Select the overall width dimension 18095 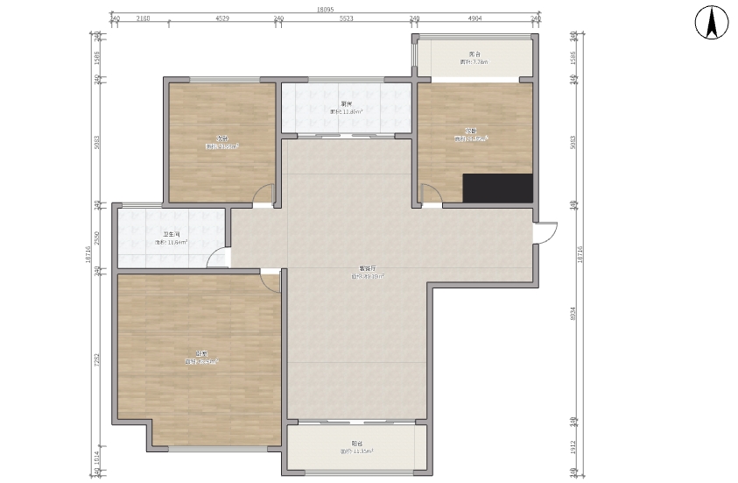pyautogui.click(x=325, y=10)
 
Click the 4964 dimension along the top pyautogui.click(x=474, y=18)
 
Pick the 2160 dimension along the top pyautogui.click(x=143, y=18)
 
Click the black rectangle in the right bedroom pyautogui.click(x=497, y=188)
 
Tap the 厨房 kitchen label pyautogui.click(x=347, y=103)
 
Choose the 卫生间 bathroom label pyautogui.click(x=172, y=234)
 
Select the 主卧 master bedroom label pyautogui.click(x=200, y=352)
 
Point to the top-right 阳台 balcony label pyautogui.click(x=474, y=54)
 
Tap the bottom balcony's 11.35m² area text pyautogui.click(x=356, y=451)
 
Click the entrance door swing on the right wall pyautogui.click(x=546, y=232)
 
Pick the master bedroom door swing pyautogui.click(x=271, y=280)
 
